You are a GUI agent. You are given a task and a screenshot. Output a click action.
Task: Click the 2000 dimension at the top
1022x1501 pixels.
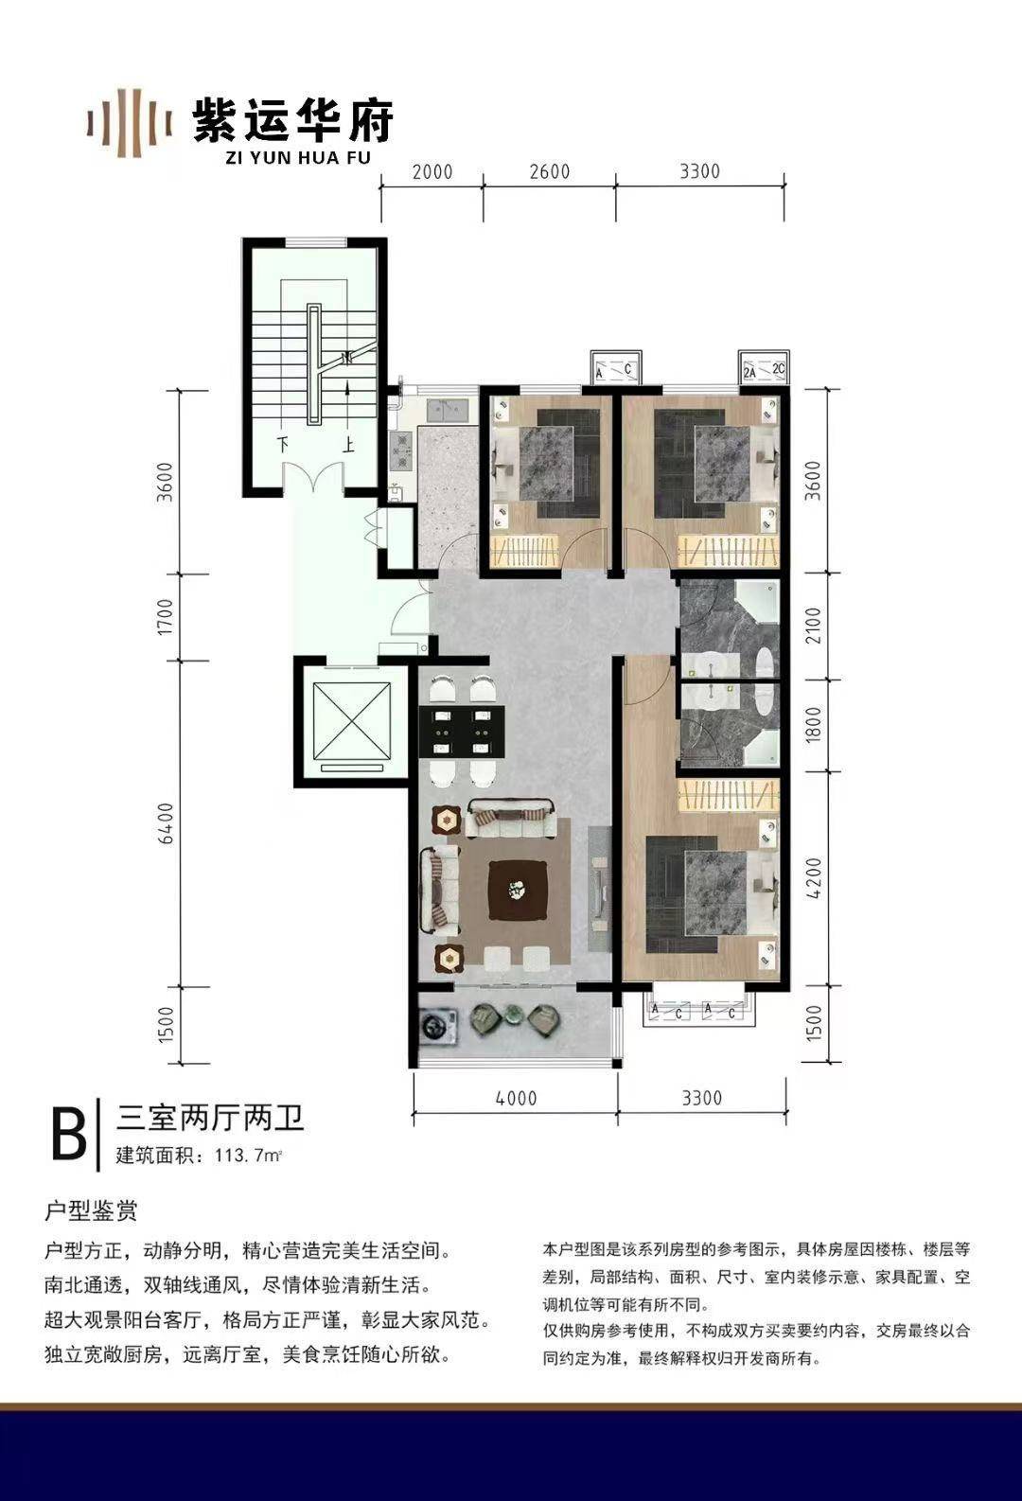(432, 172)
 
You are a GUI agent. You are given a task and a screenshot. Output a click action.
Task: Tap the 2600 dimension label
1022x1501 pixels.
(550, 172)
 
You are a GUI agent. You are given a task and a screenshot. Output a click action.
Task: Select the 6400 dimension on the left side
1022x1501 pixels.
(167, 823)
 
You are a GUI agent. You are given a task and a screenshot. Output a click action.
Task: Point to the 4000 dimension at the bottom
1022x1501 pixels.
(516, 1098)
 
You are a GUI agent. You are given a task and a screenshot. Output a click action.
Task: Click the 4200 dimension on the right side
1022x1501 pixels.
(813, 878)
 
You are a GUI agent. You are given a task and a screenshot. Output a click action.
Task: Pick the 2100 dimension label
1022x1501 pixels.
(813, 626)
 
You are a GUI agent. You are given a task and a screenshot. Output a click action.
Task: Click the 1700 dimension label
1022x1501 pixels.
(167, 616)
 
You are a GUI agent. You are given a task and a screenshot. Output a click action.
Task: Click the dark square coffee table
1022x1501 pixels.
(516, 891)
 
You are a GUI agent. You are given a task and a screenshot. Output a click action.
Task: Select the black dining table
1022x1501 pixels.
(463, 732)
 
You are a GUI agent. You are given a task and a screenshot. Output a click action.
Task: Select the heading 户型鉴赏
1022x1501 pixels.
(91, 1210)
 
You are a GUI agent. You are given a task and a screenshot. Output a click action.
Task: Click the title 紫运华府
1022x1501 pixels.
(292, 121)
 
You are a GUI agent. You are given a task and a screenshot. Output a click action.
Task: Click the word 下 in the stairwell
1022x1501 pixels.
(284, 444)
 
